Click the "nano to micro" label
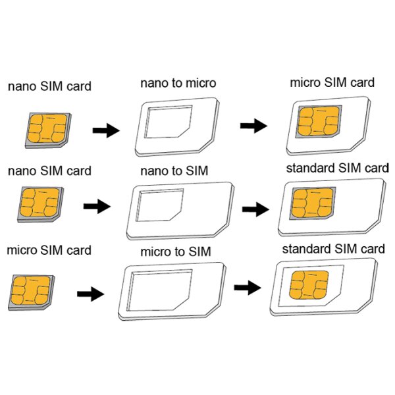(178, 84)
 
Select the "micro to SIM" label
(176, 252)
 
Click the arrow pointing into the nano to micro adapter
(105, 130)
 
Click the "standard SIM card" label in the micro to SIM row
(333, 250)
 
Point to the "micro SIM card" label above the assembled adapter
(332, 83)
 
